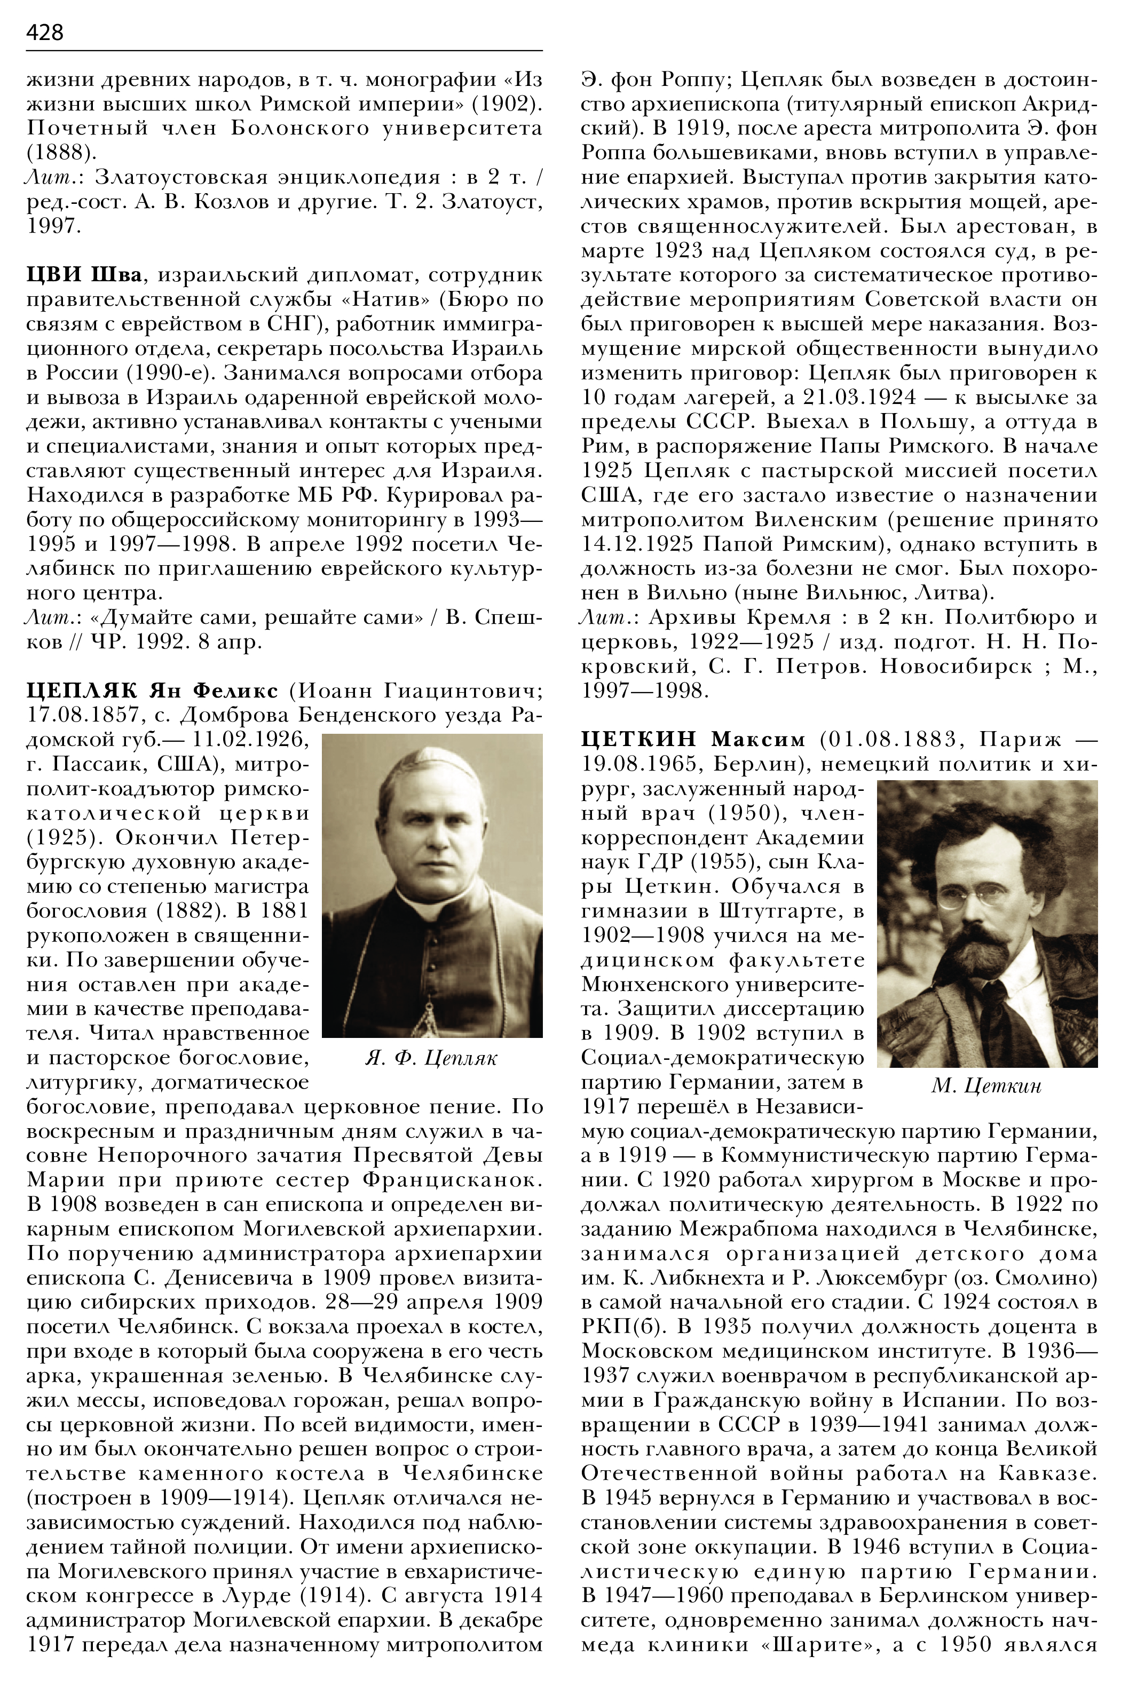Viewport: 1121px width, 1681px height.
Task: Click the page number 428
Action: click(x=44, y=32)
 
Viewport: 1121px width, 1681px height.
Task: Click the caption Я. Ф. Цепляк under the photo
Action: click(x=431, y=1058)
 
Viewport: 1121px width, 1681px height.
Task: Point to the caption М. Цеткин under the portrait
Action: click(x=986, y=1087)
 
